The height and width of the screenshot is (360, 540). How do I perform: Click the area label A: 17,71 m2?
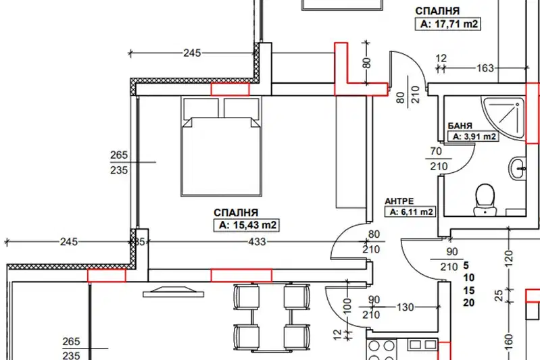click(448, 24)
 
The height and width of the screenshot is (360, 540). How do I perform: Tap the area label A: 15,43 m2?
click(247, 225)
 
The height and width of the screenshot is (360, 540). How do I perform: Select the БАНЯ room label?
click(460, 126)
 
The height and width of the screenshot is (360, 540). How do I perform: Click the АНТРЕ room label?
click(399, 201)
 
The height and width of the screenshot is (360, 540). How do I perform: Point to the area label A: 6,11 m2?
click(410, 211)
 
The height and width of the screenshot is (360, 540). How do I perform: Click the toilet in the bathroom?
click(485, 200)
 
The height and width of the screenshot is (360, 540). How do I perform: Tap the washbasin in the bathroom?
click(518, 169)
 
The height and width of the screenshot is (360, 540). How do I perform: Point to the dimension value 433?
click(257, 242)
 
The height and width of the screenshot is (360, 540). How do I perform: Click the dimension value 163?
click(485, 68)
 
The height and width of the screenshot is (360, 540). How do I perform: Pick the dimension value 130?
click(405, 307)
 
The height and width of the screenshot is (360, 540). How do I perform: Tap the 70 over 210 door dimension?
click(438, 159)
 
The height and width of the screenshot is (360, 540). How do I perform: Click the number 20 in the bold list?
click(469, 303)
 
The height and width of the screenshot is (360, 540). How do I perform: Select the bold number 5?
click(466, 265)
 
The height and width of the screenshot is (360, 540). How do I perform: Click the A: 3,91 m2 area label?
click(473, 136)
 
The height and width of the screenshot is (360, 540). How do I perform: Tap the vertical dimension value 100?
click(347, 305)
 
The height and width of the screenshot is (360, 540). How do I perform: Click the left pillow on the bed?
click(201, 108)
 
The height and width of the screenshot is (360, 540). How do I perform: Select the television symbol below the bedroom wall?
click(173, 291)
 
